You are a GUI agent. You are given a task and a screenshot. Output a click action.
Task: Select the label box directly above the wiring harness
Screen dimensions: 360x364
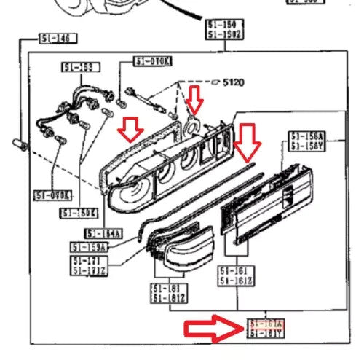[78, 68]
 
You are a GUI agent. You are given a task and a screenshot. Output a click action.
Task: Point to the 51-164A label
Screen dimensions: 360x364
[103, 233]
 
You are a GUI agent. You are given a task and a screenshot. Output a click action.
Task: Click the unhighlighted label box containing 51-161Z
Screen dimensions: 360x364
[237, 275]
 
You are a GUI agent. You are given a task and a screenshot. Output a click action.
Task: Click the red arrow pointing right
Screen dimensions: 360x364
[212, 329]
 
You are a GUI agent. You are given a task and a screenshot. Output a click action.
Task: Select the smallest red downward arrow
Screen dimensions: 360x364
[194, 97]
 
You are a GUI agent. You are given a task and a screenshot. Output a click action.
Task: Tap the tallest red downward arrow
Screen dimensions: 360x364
[248, 141]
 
